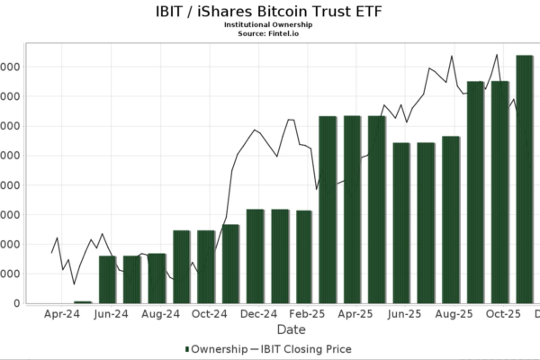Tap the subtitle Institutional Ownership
coord(269,24)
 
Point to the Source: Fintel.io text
coord(269,33)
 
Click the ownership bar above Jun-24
coord(108,280)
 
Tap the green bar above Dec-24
coord(256,256)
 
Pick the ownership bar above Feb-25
coord(304,257)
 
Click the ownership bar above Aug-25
coord(451,220)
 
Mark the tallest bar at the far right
coord(525,180)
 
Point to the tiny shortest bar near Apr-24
coord(83,302)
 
